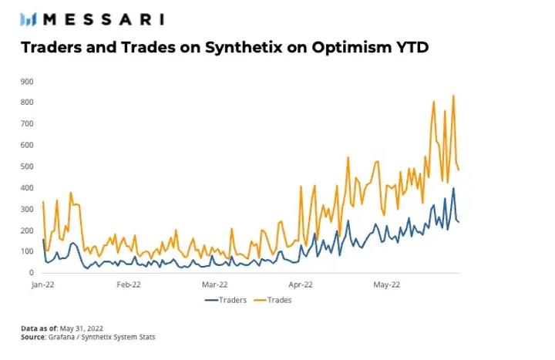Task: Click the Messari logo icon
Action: pos(30,19)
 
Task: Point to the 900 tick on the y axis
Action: pos(27,81)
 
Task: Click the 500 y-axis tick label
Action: pos(27,167)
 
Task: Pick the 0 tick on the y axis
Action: pos(31,273)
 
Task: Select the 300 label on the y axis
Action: pos(27,209)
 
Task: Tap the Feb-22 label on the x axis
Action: pos(129,284)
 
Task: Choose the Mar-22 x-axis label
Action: pos(214,284)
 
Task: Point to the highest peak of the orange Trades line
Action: pos(453,96)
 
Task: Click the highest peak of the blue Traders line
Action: pos(453,188)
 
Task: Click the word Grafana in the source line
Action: pos(65,337)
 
